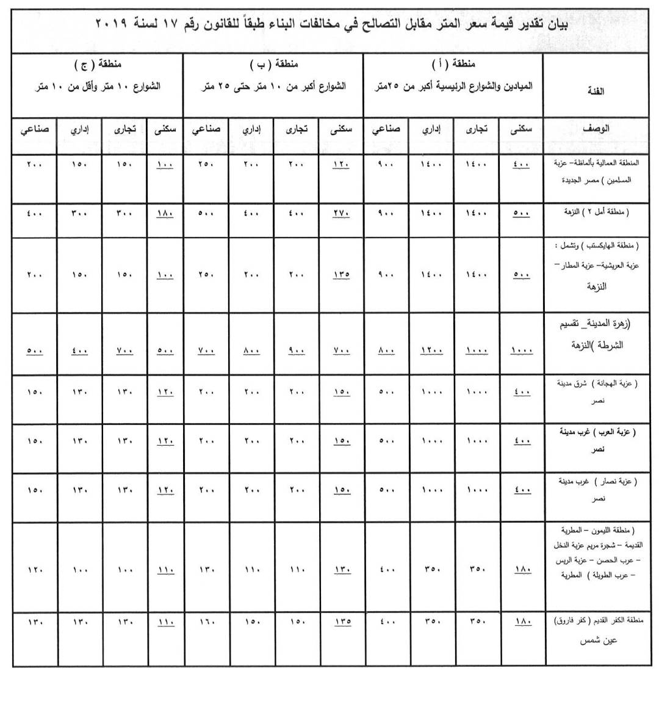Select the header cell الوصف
coord(595,129)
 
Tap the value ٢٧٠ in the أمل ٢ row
coord(341,214)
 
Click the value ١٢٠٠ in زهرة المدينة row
coord(431,350)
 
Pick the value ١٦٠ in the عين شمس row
coord(206,622)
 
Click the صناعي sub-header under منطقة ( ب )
coord(206,129)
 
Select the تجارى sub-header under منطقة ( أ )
coord(477,129)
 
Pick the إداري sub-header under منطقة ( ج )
coord(79,129)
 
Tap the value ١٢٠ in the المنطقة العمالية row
coord(341,164)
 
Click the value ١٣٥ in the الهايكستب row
coord(341,275)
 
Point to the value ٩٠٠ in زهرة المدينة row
coord(297,350)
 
